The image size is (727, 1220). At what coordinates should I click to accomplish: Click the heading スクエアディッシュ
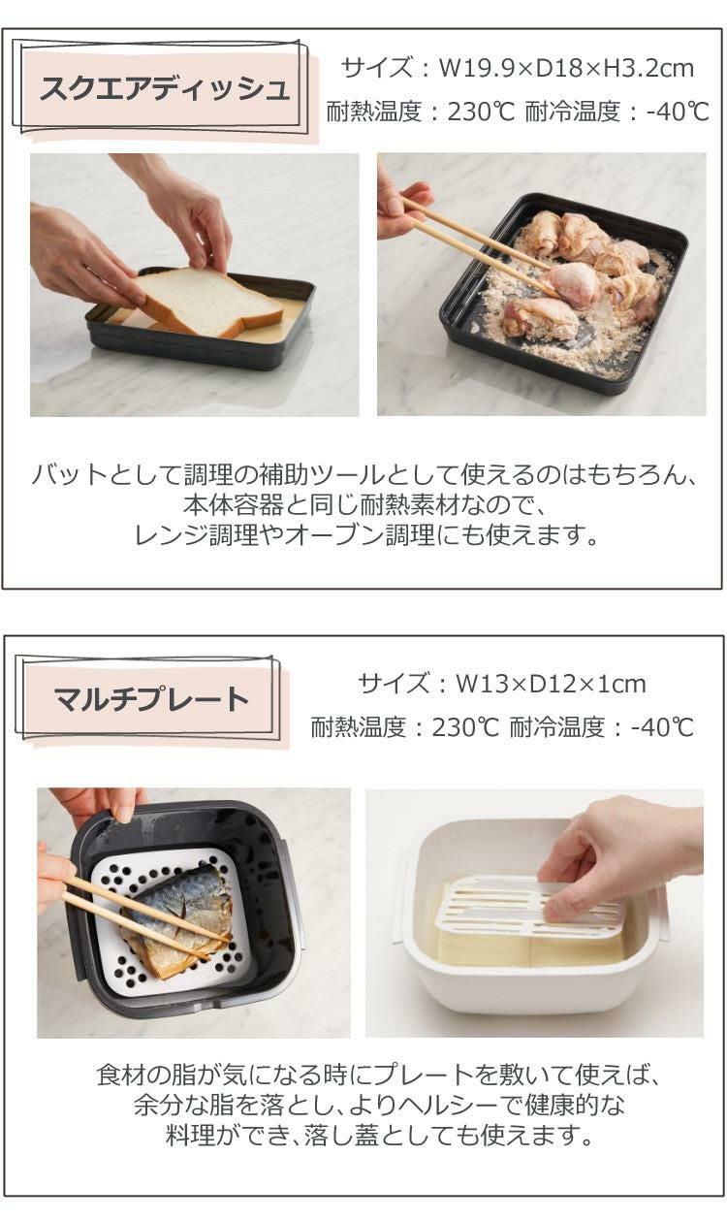[165, 90]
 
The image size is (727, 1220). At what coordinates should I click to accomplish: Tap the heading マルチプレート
[151, 698]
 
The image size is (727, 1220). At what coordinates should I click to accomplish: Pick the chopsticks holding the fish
[136, 912]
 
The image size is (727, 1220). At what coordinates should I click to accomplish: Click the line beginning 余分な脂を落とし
[378, 1105]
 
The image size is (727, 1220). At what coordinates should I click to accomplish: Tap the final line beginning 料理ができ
[378, 1134]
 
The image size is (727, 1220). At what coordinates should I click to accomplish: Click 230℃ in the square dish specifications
[481, 112]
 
